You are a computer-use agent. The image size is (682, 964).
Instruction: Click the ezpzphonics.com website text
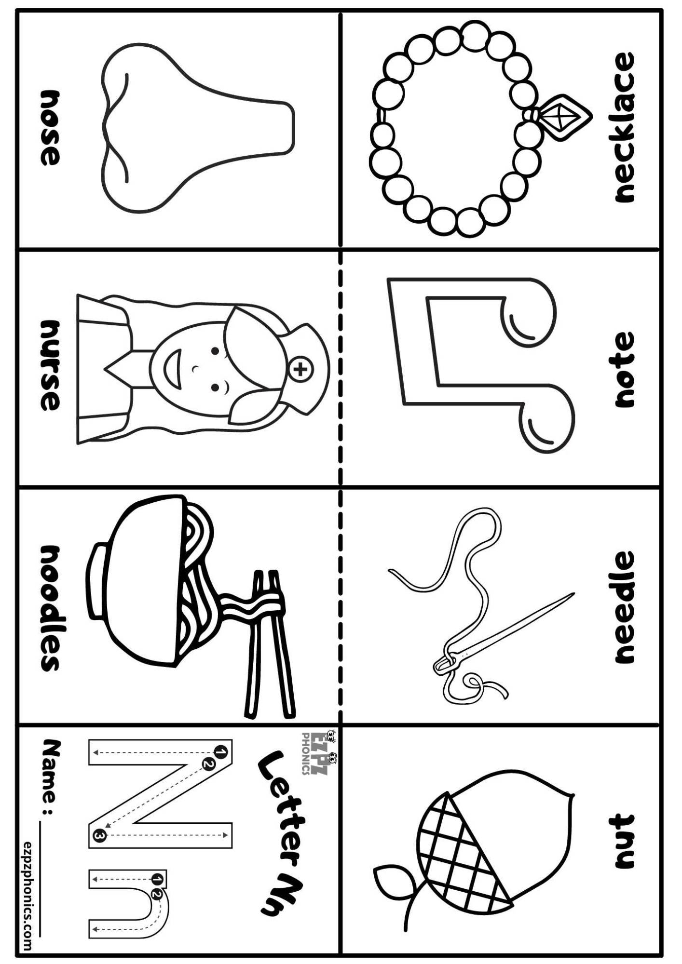(x=28, y=897)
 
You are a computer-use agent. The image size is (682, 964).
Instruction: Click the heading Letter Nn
(x=282, y=834)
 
